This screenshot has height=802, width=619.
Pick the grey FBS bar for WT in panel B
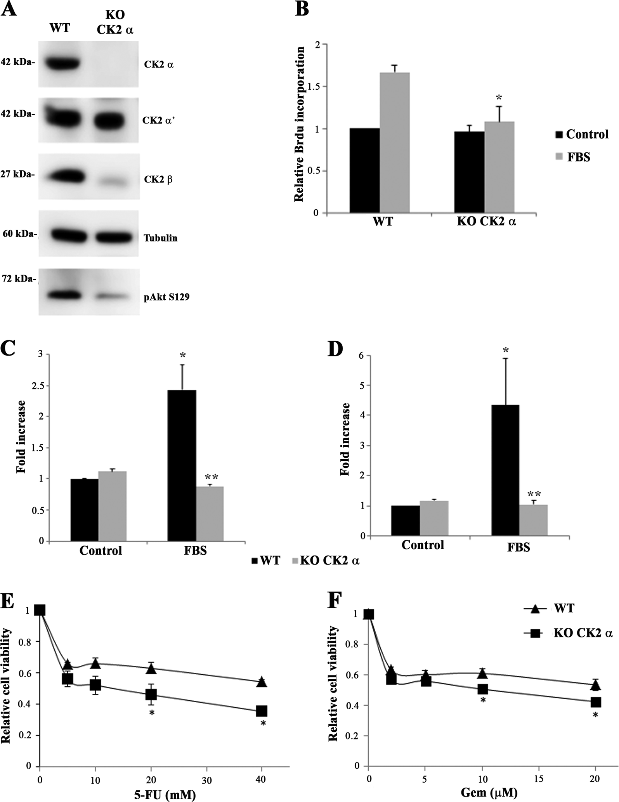tap(394, 143)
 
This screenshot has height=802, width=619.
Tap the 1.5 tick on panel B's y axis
tap(316, 87)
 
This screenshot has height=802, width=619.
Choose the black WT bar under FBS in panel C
tap(182, 465)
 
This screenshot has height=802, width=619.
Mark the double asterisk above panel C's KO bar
tap(212, 477)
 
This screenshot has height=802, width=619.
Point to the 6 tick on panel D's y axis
tap(364, 356)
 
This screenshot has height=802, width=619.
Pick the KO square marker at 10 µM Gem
tap(482, 689)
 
